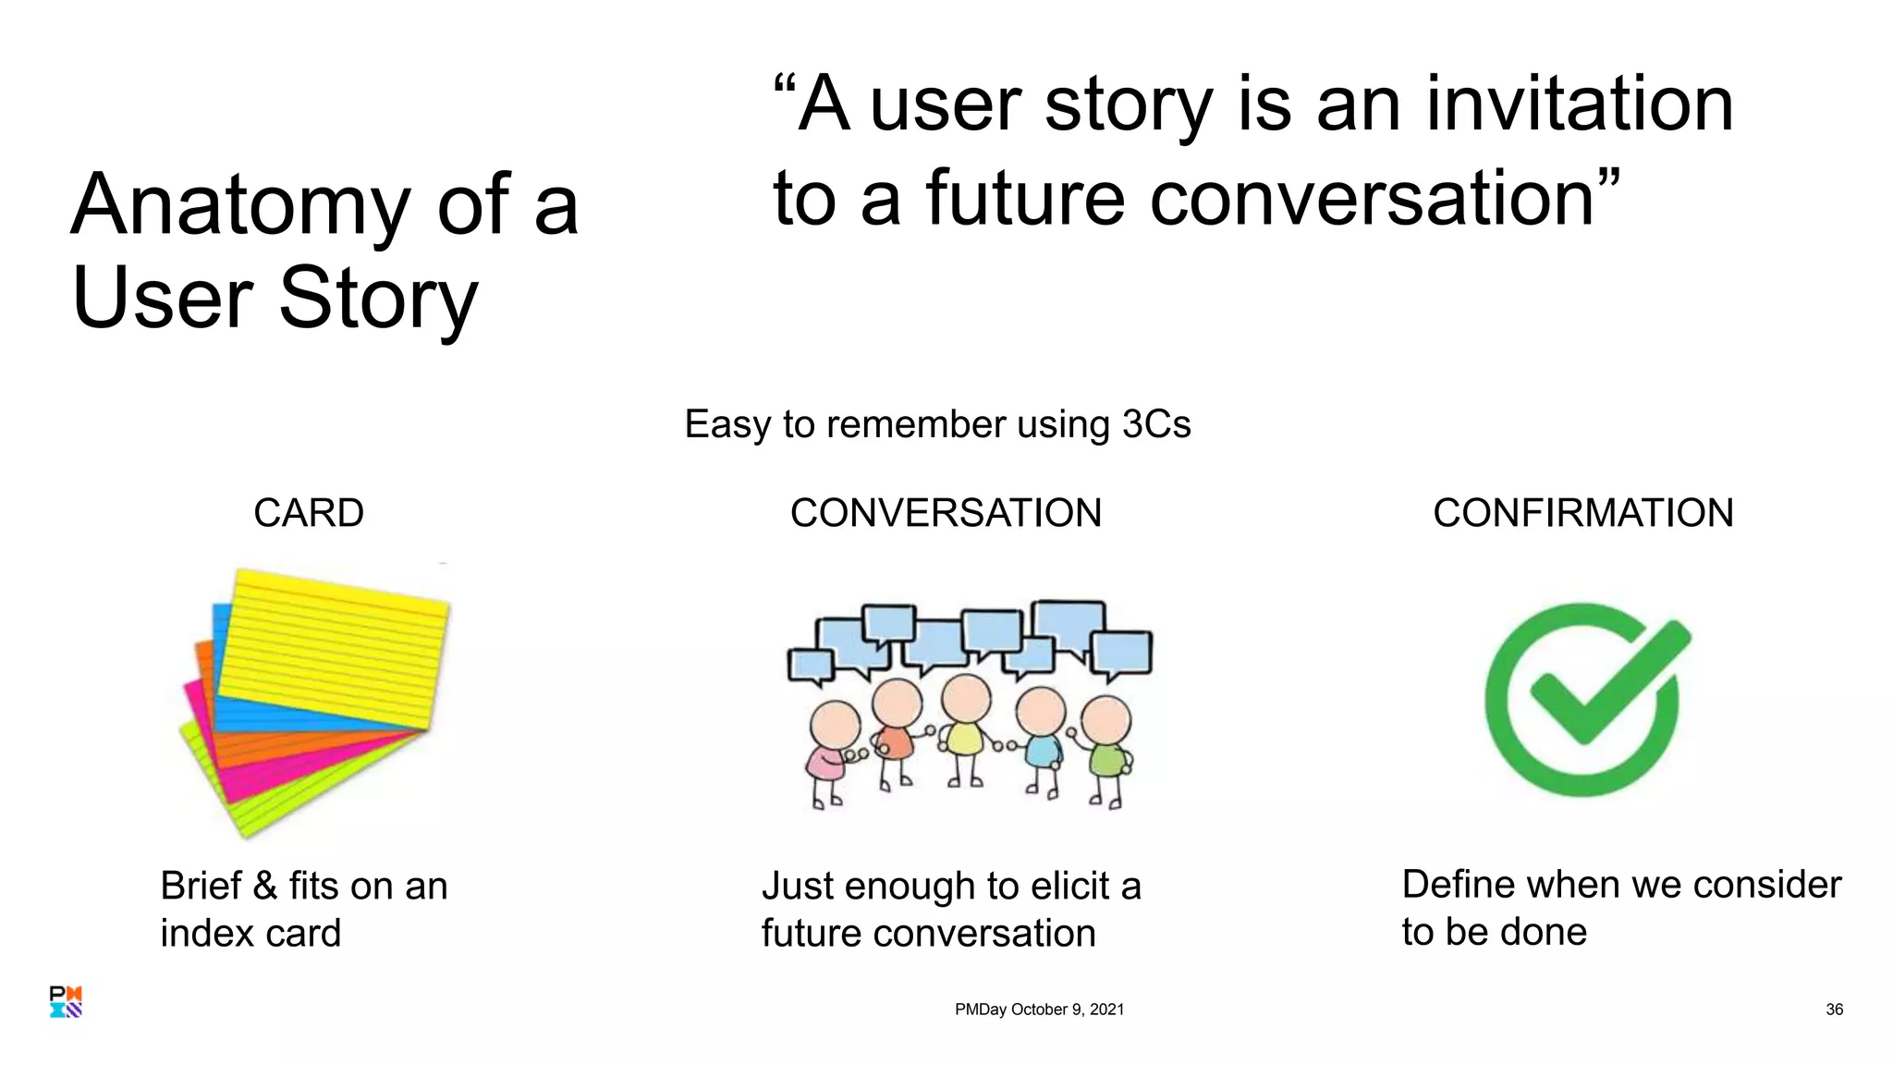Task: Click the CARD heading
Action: click(309, 513)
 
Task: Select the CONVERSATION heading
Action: click(946, 513)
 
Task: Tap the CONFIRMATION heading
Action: click(1582, 513)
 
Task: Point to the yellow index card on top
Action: click(337, 647)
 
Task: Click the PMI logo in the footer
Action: click(66, 1001)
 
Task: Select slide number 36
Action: click(1834, 1010)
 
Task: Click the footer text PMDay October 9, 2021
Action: click(1039, 1010)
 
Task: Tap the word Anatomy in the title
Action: click(240, 205)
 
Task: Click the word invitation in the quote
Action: click(1579, 104)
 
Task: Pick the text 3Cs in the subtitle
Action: click(1155, 424)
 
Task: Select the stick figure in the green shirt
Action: click(1106, 749)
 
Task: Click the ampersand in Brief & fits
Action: click(264, 886)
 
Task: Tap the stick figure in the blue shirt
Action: click(1042, 740)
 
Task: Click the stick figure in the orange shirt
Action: click(895, 730)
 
